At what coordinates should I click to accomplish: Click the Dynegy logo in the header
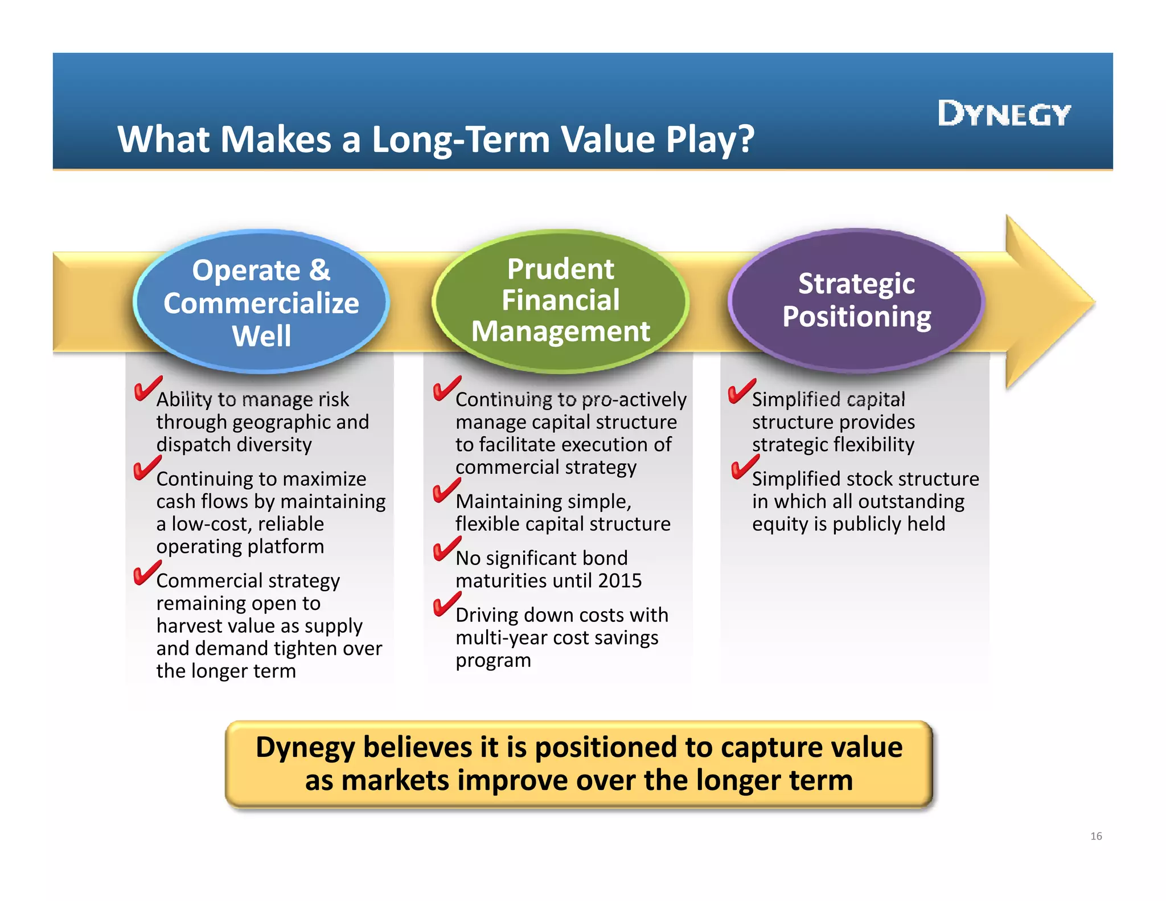(1004, 114)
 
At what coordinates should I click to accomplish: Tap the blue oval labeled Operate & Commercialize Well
(261, 302)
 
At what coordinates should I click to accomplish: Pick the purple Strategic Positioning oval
(856, 301)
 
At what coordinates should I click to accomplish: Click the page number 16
(1096, 836)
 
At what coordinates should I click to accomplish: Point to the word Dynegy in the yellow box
(305, 747)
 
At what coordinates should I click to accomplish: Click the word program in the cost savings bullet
(493, 661)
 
